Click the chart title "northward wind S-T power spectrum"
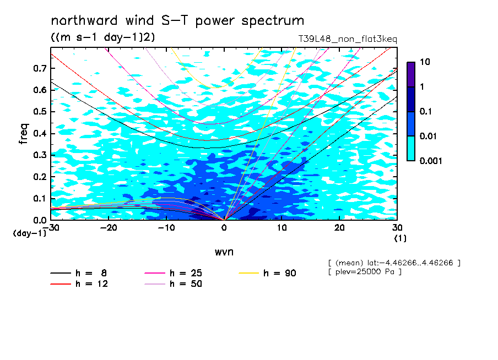(177, 21)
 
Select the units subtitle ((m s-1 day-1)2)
(103, 37)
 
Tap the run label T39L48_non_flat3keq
(348, 39)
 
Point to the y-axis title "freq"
(24, 134)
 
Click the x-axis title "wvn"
(224, 252)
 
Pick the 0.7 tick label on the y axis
(40, 68)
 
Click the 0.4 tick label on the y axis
(40, 133)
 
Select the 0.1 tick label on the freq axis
(40, 198)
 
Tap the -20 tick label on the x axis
(109, 228)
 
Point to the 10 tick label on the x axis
(282, 228)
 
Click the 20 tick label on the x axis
(339, 228)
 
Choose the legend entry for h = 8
(78, 273)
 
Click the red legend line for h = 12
(61, 284)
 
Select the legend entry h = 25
(173, 273)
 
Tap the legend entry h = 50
(173, 284)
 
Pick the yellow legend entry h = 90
(267, 273)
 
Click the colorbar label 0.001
(431, 161)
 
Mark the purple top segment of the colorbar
(411, 75)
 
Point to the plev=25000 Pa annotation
(365, 272)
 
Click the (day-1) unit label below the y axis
(29, 233)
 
